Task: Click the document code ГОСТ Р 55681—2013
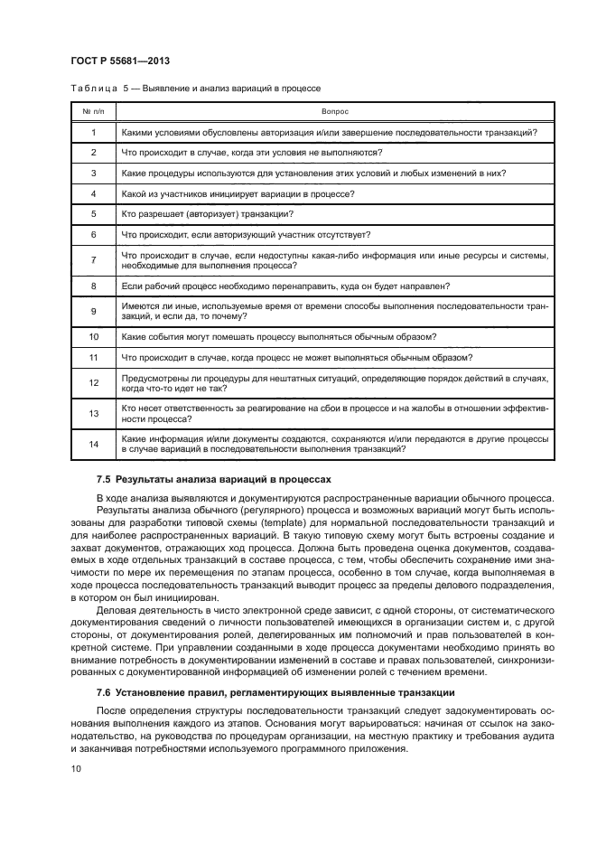point(120,61)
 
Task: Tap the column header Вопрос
point(334,111)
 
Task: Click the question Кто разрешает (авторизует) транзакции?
point(207,213)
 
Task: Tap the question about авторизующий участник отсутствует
point(239,234)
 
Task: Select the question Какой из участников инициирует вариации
point(237,193)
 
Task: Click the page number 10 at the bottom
point(76,767)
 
